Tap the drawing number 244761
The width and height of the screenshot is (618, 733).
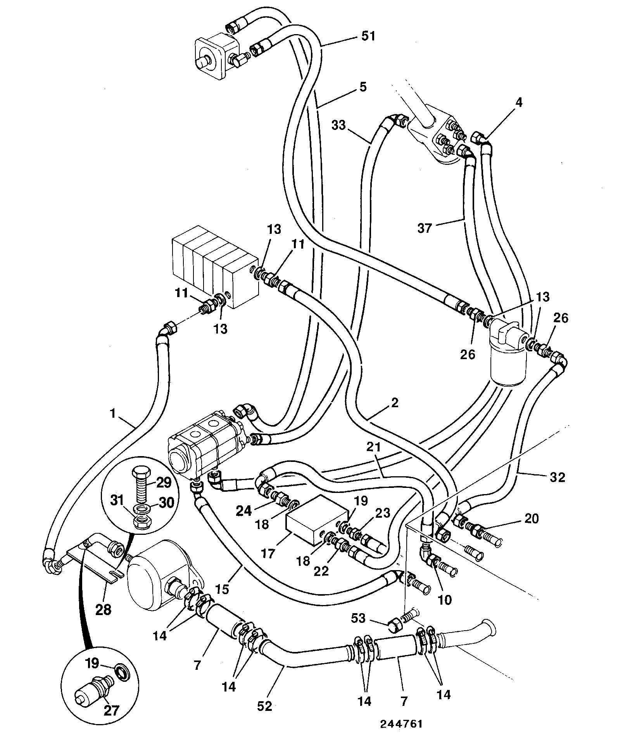401,724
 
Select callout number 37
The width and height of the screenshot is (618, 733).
425,228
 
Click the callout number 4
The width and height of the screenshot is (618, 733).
519,102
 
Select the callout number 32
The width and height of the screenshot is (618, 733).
557,477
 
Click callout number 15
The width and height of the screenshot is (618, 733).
223,589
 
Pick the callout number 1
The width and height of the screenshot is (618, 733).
113,414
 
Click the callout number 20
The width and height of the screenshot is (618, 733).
532,519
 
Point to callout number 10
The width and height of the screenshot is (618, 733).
445,600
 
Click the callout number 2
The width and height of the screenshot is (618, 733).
394,403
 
